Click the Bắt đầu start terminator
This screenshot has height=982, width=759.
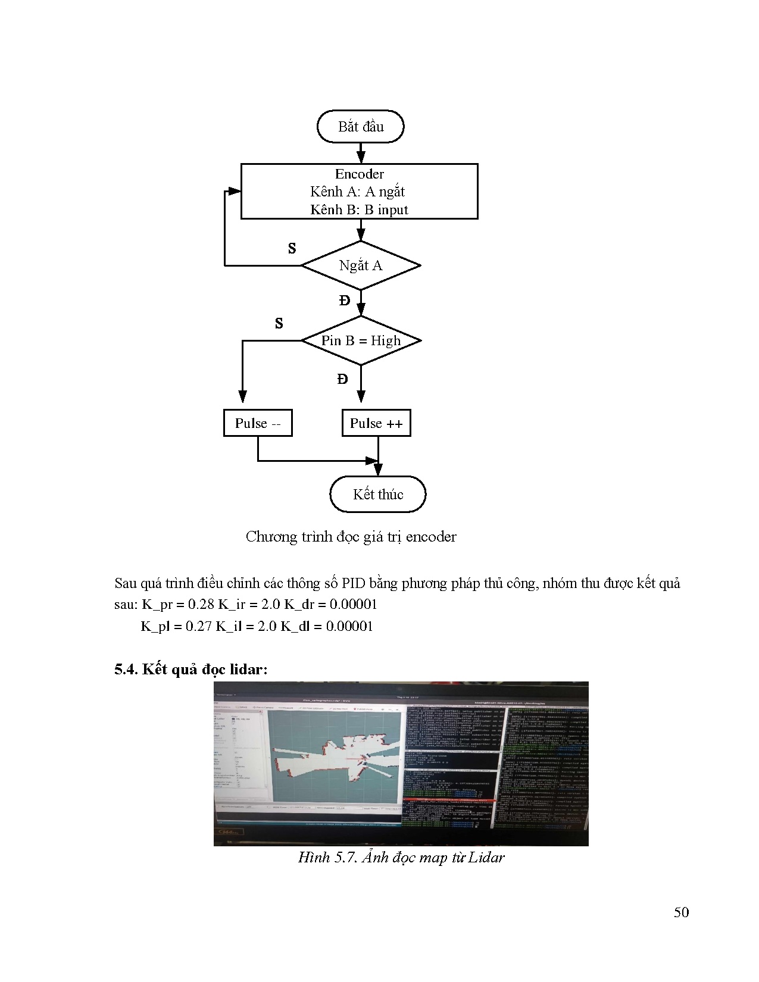pyautogui.click(x=361, y=127)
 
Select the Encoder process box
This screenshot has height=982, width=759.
pyautogui.click(x=359, y=192)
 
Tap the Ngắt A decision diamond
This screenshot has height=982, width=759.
pyautogui.click(x=361, y=265)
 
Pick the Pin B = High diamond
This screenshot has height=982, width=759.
pyautogui.click(x=361, y=340)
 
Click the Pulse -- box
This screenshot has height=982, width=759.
pyautogui.click(x=258, y=423)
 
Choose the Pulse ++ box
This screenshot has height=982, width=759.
pyautogui.click(x=376, y=423)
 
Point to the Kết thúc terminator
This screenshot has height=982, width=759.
pyautogui.click(x=378, y=494)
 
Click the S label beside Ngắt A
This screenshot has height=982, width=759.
pyautogui.click(x=292, y=249)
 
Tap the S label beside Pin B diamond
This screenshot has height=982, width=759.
pyautogui.click(x=279, y=324)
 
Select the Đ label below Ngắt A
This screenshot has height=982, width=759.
pyautogui.click(x=345, y=301)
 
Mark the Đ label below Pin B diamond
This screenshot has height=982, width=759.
pyautogui.click(x=342, y=379)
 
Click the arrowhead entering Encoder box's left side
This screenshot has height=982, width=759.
pyautogui.click(x=235, y=192)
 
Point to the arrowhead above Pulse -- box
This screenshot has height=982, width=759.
pyautogui.click(x=242, y=396)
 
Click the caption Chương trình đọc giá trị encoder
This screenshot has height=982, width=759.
pyautogui.click(x=351, y=537)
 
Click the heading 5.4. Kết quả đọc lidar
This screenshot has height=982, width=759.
pyautogui.click(x=191, y=670)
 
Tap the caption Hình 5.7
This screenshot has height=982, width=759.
pyautogui.click(x=401, y=858)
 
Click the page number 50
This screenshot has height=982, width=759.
pyautogui.click(x=681, y=912)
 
